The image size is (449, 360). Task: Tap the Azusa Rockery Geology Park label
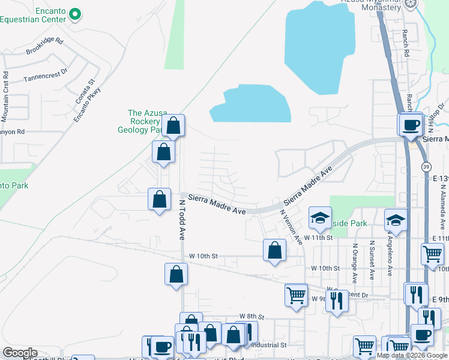146,121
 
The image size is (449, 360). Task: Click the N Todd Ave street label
181,220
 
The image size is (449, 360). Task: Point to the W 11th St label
318,238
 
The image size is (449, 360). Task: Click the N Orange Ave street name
355,263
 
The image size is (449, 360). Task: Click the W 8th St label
252,316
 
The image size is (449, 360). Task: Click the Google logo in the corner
20,353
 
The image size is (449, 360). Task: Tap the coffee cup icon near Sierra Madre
411,125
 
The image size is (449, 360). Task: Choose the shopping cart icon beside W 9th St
296,295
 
